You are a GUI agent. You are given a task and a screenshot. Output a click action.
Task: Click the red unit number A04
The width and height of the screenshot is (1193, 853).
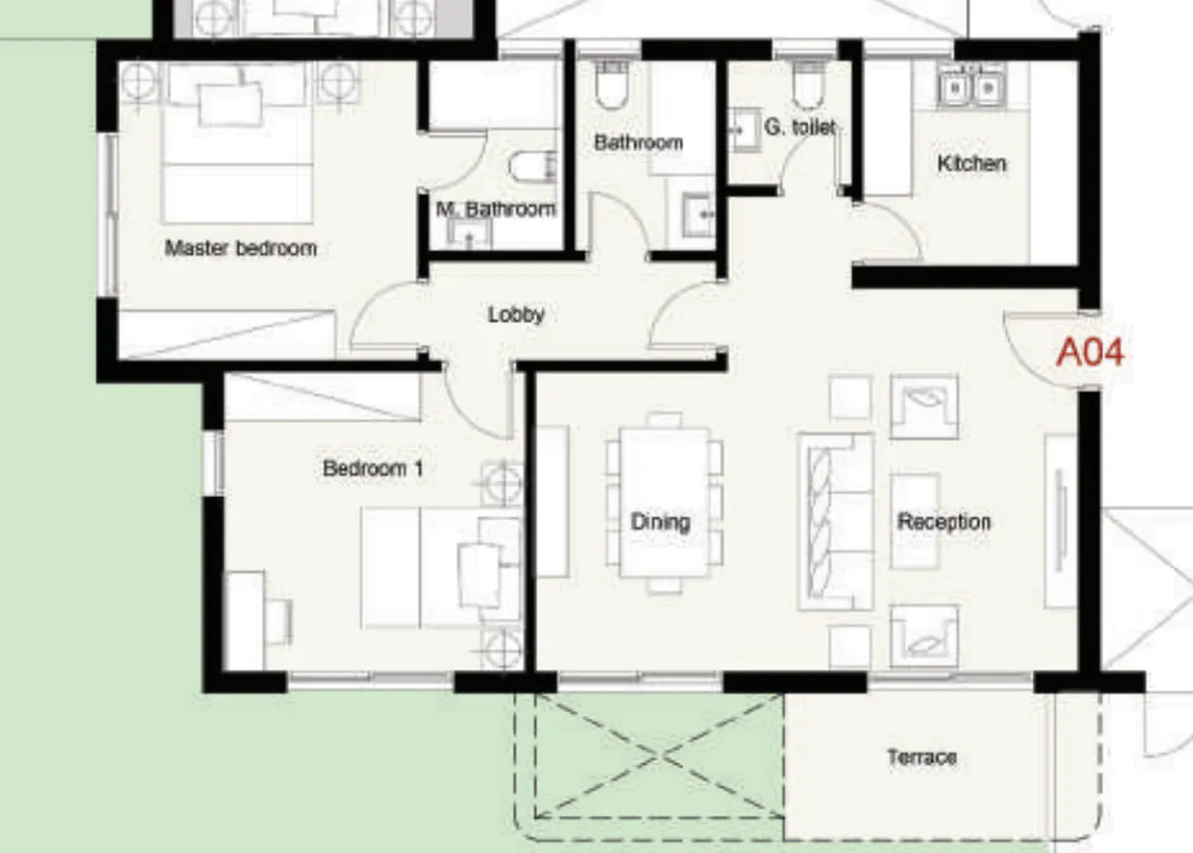coord(1090,353)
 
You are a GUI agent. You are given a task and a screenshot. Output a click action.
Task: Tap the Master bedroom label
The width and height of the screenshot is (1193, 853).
coord(241,248)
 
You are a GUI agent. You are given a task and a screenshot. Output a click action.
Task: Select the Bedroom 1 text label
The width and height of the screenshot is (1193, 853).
coord(373,468)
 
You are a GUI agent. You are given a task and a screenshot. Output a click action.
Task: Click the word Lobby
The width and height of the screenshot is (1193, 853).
coord(515,314)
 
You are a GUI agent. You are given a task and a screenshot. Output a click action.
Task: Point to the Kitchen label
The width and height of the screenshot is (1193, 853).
coord(972,163)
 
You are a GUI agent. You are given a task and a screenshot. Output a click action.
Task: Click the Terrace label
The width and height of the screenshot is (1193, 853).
coord(921,758)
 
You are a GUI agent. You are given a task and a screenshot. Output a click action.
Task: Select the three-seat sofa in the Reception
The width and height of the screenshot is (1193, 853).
coord(835,521)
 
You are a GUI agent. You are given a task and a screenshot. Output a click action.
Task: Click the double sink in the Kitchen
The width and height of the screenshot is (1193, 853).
coord(969,88)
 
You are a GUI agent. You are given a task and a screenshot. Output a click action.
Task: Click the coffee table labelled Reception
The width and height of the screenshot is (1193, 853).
coord(914,521)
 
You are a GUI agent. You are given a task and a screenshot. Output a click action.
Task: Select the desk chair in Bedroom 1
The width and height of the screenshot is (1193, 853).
coord(278,622)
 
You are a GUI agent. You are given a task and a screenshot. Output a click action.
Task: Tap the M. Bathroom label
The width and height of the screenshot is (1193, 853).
coord(495,209)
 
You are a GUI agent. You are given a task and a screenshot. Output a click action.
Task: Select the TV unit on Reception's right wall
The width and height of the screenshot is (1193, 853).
coord(1060,521)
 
